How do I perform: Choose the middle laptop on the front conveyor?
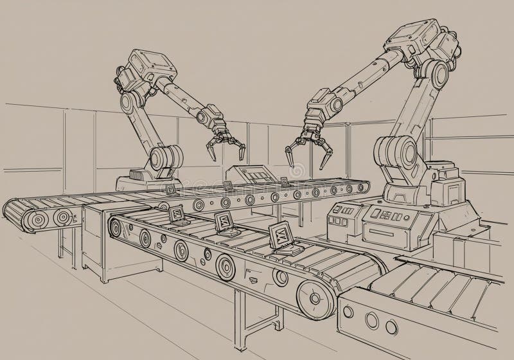pos(226,222)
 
